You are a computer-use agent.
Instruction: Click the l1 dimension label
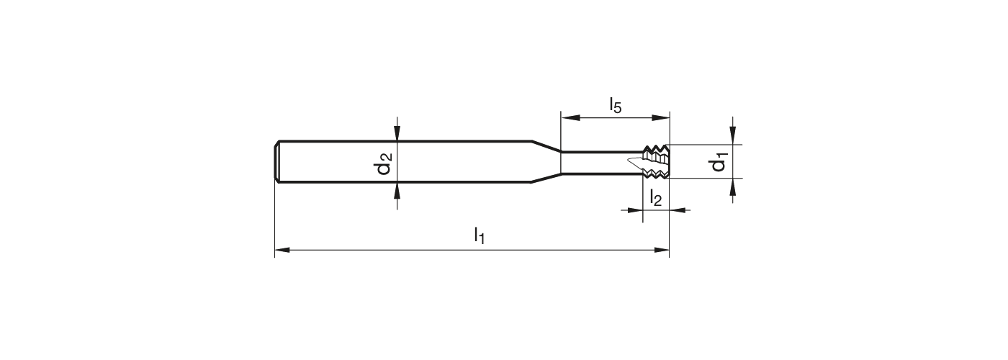[x=479, y=235]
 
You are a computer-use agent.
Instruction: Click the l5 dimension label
[x=615, y=105]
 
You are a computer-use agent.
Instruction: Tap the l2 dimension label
[x=655, y=197]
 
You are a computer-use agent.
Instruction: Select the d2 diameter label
[x=383, y=163]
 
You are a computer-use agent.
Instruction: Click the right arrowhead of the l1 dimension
[x=662, y=251]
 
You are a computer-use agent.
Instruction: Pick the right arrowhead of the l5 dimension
[x=662, y=117]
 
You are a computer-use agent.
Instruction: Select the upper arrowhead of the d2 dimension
[x=397, y=134]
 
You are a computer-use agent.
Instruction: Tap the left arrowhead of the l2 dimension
[x=635, y=210]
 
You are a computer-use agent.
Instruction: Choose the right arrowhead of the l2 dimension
[x=677, y=210]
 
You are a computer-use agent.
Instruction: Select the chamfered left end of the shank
[x=278, y=161]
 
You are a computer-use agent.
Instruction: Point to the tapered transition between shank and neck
[x=546, y=161]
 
